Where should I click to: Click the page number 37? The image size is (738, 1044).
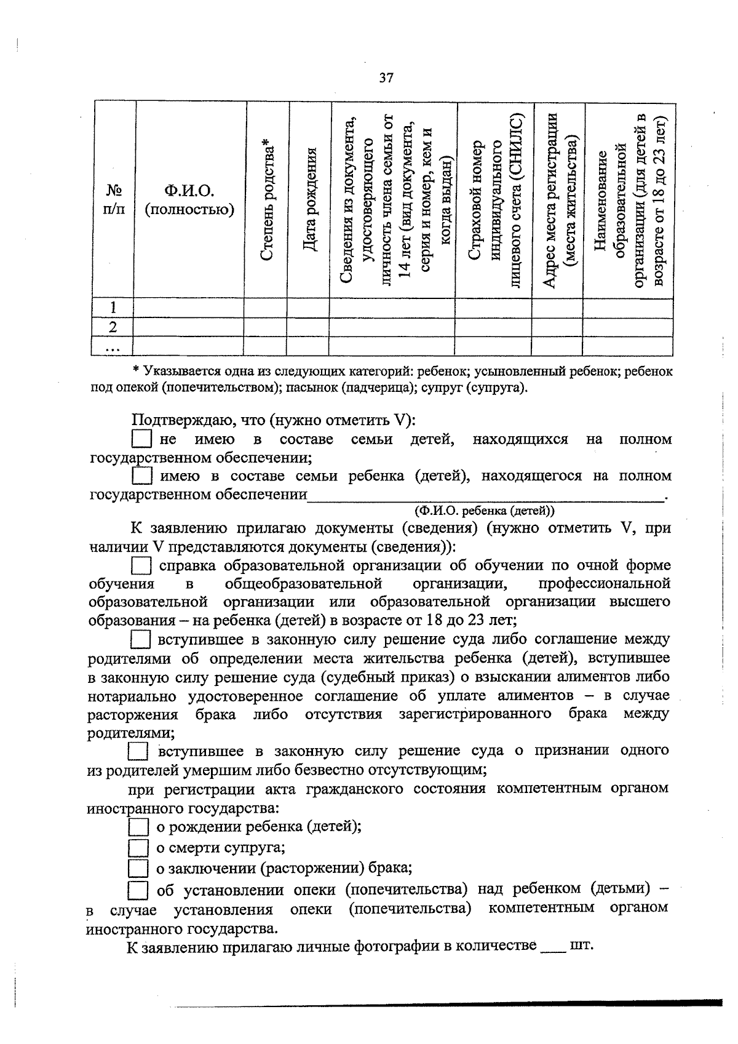tap(386, 78)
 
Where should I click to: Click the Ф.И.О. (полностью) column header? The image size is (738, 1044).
tap(189, 201)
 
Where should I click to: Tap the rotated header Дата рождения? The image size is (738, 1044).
tap(310, 200)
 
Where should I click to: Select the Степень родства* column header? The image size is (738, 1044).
tap(266, 200)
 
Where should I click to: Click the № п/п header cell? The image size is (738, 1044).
tap(113, 200)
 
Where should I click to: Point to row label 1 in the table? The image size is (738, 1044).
tap(113, 307)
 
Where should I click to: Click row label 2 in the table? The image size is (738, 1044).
tap(113, 326)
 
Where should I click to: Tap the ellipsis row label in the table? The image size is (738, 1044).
tap(112, 346)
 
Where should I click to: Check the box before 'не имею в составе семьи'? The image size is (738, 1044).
tap(141, 439)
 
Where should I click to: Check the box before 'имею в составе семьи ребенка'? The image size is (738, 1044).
tap(141, 476)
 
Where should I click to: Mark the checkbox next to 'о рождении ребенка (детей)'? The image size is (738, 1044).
tap(138, 827)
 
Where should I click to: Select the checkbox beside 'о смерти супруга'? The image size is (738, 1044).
tap(138, 849)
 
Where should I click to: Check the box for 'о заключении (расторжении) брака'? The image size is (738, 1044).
tap(138, 869)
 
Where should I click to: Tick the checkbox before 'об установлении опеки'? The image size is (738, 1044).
tap(138, 891)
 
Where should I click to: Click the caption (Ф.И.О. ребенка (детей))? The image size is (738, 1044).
tap(483, 511)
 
